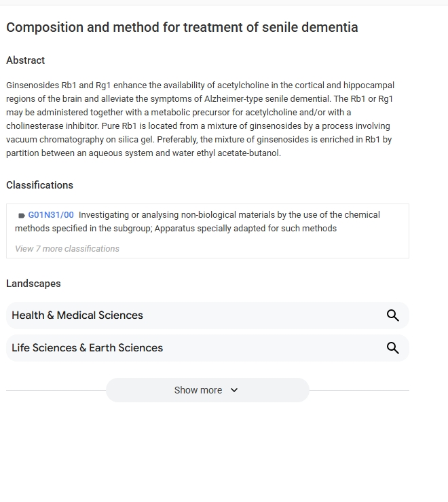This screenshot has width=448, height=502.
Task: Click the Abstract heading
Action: point(25,60)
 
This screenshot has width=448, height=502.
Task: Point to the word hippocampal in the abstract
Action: point(369,85)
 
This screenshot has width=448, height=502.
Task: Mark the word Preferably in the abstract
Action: point(177,140)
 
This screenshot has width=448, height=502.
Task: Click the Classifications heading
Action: point(39,185)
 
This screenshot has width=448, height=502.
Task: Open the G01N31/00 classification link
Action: point(51,215)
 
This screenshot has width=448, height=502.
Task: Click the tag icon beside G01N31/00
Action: point(22,216)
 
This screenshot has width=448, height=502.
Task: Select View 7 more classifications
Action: point(67,249)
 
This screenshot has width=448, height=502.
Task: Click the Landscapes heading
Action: point(33,284)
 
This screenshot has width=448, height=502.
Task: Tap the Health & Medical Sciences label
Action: point(77,315)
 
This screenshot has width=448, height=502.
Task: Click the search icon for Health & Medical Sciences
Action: point(392,315)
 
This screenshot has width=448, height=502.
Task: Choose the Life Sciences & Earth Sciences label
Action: point(88,348)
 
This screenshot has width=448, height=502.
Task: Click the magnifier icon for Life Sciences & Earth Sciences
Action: point(392,348)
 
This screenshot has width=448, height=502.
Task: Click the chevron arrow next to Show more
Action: point(234,390)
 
